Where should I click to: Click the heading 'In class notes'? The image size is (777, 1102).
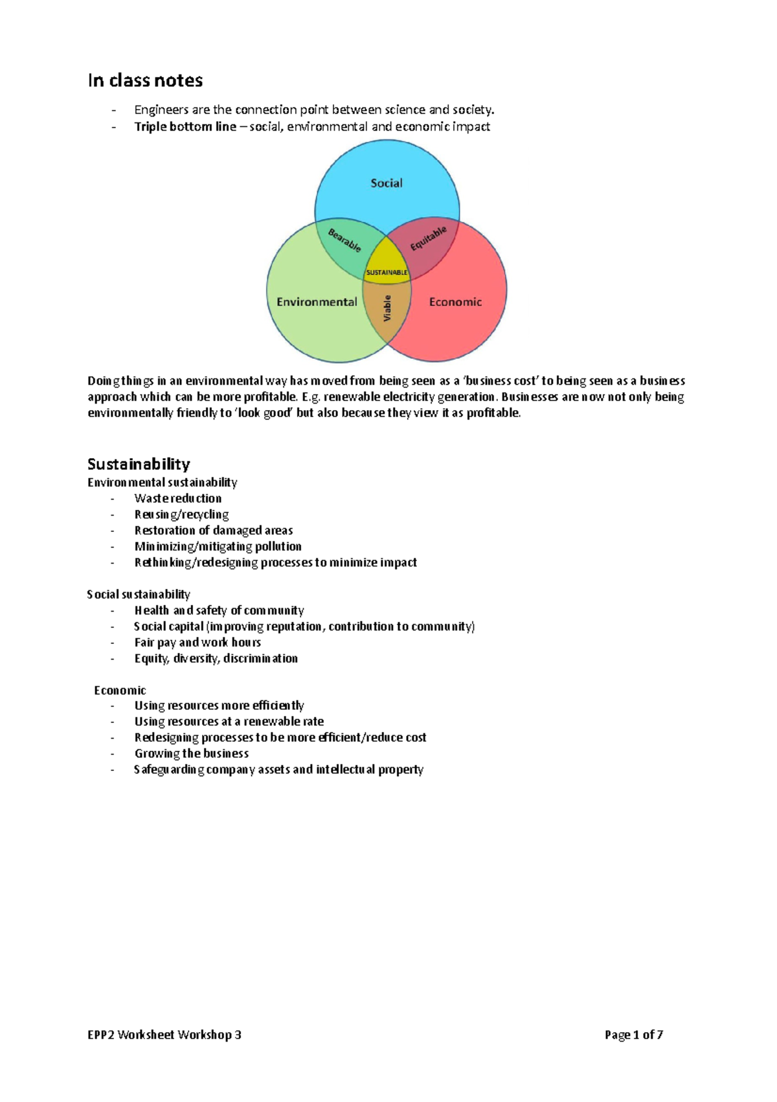(x=145, y=80)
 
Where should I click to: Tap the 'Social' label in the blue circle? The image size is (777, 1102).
(x=387, y=183)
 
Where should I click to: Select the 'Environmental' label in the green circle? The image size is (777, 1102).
(x=317, y=302)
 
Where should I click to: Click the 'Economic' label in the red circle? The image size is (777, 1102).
(x=455, y=302)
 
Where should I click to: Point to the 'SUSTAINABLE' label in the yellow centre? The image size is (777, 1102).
(x=387, y=273)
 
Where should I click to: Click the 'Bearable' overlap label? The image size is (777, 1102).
(x=344, y=240)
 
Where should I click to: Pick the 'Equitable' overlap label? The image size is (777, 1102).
(x=428, y=239)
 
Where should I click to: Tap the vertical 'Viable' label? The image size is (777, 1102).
(x=387, y=308)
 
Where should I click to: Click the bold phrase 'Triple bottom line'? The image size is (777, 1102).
(x=185, y=127)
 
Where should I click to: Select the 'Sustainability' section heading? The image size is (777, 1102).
(x=139, y=464)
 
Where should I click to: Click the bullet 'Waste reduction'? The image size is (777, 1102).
(x=178, y=498)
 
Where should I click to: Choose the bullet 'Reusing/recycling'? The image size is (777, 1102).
(x=181, y=514)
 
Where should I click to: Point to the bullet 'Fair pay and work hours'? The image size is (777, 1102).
(x=197, y=642)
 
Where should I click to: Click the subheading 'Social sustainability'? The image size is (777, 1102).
(x=139, y=594)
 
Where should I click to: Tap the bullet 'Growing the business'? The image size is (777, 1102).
(x=192, y=753)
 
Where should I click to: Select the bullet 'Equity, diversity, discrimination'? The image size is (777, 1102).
(x=216, y=658)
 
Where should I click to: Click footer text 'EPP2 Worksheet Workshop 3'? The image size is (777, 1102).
(x=164, y=1035)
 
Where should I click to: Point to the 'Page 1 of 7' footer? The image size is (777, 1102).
(x=633, y=1035)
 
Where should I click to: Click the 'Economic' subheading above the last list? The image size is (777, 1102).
(x=120, y=690)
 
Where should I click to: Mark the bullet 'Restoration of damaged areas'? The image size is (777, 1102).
(x=214, y=531)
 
